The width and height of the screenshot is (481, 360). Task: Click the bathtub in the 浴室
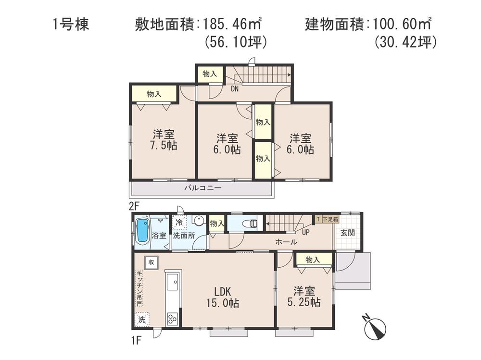[142, 231]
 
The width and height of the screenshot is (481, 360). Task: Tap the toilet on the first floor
[247, 223]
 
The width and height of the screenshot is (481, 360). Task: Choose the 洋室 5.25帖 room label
[304, 297]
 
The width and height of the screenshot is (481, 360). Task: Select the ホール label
[286, 242]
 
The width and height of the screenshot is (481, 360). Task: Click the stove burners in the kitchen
[172, 318]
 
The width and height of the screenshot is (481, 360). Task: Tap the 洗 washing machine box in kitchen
[142, 319]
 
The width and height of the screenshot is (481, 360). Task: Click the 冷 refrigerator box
[179, 223]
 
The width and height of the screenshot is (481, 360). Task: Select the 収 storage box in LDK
[151, 262]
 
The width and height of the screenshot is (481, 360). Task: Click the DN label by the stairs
[235, 88]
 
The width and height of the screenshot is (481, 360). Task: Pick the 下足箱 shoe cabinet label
[329, 219]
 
